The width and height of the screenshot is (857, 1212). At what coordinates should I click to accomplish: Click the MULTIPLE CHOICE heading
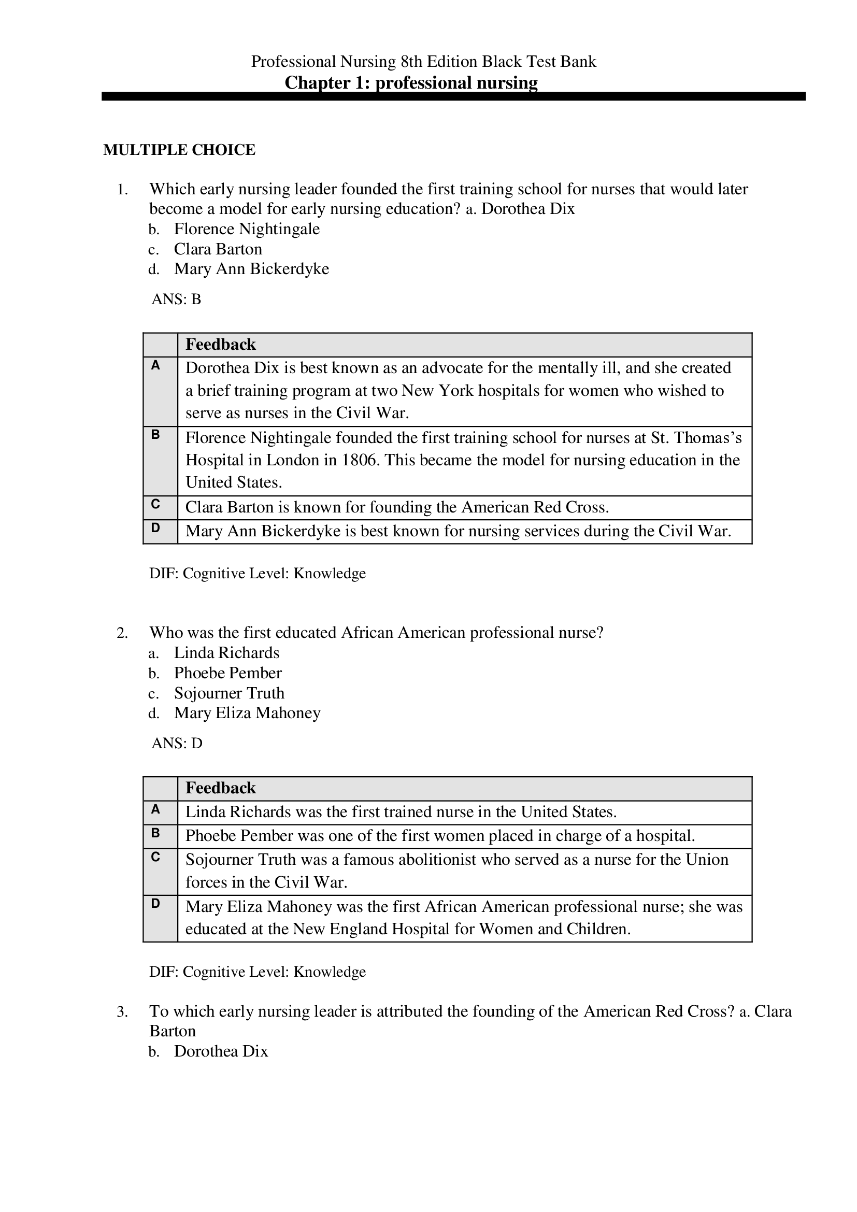(x=179, y=150)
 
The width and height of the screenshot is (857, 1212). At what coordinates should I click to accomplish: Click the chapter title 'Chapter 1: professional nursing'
(x=410, y=83)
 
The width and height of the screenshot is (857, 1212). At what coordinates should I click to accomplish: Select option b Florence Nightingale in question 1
(x=247, y=229)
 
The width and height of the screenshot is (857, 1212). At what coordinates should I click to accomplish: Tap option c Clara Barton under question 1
(x=218, y=249)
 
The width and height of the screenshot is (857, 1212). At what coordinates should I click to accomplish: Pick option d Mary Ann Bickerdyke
(x=251, y=269)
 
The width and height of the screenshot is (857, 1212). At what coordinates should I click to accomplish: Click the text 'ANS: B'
(x=176, y=300)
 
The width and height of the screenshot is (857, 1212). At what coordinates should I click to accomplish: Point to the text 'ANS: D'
(x=177, y=743)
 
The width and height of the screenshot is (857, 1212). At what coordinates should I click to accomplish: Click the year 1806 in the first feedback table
(x=360, y=460)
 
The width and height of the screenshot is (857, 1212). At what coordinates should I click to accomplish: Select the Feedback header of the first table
(x=221, y=345)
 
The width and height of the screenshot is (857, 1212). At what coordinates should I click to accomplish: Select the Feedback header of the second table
(x=221, y=788)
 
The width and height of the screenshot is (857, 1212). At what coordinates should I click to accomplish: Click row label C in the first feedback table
(x=155, y=504)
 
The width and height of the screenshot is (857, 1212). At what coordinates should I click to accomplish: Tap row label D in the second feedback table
(x=155, y=903)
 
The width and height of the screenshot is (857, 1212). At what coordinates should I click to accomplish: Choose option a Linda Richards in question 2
(x=226, y=653)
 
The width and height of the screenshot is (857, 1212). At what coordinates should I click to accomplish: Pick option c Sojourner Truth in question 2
(x=229, y=693)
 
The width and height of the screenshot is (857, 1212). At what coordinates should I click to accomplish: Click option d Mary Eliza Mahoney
(x=247, y=713)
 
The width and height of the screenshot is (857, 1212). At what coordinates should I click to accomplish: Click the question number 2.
(x=122, y=633)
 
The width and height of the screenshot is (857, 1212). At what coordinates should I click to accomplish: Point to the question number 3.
(x=122, y=1012)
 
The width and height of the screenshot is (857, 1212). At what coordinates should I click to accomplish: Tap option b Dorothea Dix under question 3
(x=221, y=1051)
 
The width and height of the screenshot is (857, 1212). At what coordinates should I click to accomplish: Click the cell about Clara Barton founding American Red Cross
(x=397, y=507)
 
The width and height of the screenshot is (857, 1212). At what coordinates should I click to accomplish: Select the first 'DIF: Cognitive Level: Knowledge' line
(x=258, y=573)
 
